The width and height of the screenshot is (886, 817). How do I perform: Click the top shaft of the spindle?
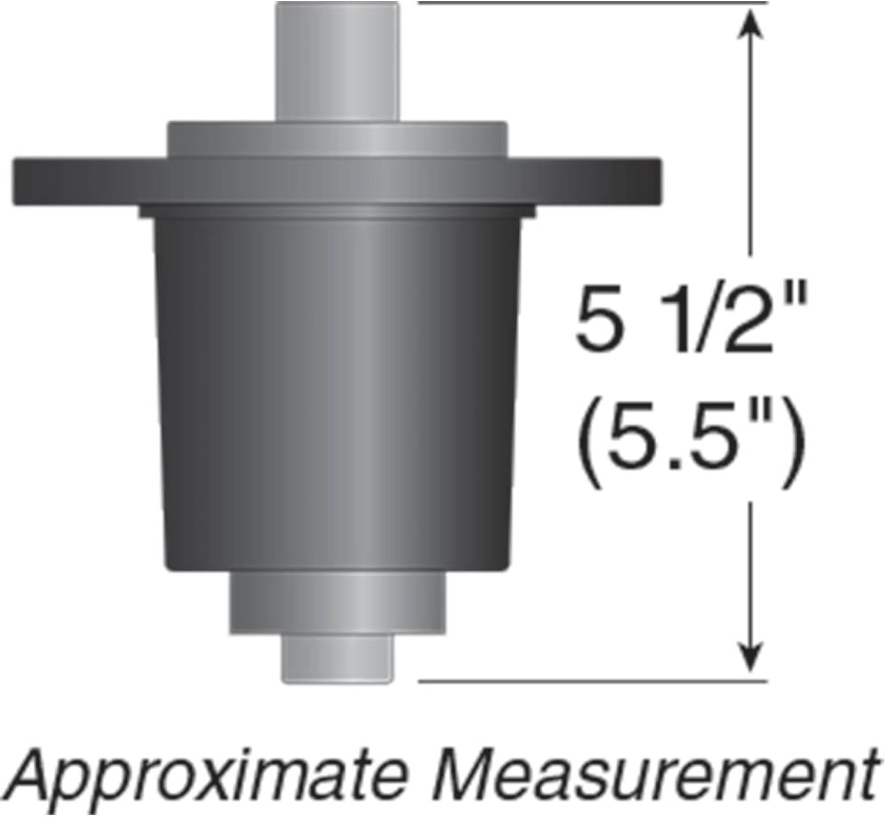[x=338, y=61]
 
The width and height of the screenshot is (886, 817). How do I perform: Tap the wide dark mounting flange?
[x=337, y=181]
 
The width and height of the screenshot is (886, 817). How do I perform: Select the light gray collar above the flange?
[x=337, y=139]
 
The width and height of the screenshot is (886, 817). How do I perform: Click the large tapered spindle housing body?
[x=338, y=395]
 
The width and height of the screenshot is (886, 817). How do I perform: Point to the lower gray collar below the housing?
[x=338, y=603]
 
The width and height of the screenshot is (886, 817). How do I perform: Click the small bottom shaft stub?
[x=338, y=657]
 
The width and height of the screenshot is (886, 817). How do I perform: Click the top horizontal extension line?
[x=592, y=3]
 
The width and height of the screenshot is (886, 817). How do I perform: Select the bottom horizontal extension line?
[x=592, y=681]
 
